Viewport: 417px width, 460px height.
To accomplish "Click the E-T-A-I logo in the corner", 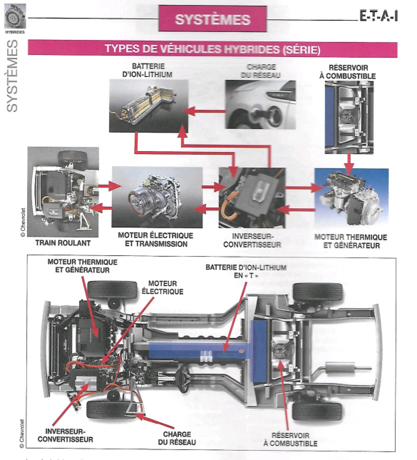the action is tap(379, 16).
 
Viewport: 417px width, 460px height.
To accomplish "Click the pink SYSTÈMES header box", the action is tap(213, 19).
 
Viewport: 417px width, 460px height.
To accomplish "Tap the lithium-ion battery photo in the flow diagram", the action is tap(149, 106).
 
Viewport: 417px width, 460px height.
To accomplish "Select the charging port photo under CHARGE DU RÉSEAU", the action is tap(261, 104).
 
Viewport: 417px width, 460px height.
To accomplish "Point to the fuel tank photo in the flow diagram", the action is tap(349, 117).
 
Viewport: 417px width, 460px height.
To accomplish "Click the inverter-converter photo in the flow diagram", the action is tap(252, 198).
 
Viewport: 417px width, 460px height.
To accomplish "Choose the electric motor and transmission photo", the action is tap(157, 197).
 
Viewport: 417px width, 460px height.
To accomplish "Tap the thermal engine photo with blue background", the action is tap(351, 198).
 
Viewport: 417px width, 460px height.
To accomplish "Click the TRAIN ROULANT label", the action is tap(63, 243).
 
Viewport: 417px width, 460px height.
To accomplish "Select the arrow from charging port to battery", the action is tap(204, 112).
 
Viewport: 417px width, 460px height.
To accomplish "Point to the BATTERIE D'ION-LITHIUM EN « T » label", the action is tap(246, 271).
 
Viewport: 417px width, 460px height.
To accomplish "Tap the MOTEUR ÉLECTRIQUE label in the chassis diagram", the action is tap(163, 287).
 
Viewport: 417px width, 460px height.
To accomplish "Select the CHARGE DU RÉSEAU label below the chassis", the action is tap(177, 438).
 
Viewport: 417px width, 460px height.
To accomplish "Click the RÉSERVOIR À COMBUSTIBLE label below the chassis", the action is tap(290, 439).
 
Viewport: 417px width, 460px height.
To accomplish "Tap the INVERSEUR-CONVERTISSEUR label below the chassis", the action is tap(65, 435).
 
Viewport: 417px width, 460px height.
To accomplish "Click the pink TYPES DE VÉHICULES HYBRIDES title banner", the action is tap(212, 49).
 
